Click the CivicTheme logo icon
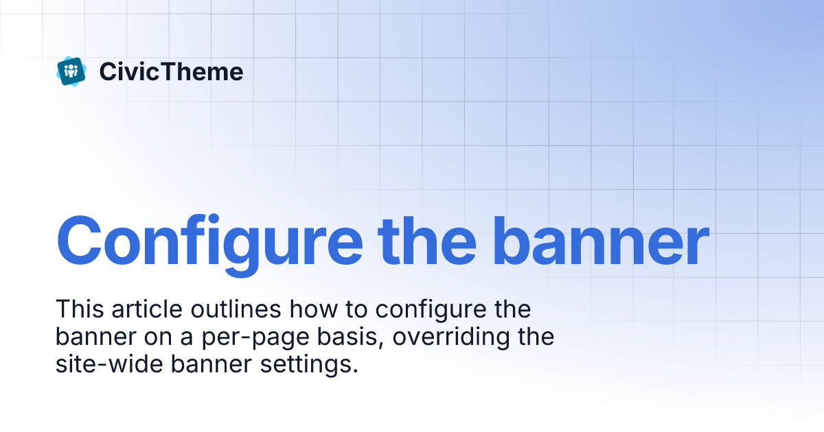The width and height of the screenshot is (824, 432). pyautogui.click(x=71, y=71)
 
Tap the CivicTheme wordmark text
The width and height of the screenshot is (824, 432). pyautogui.click(x=171, y=71)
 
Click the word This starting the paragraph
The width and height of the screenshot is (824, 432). pyautogui.click(x=77, y=309)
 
